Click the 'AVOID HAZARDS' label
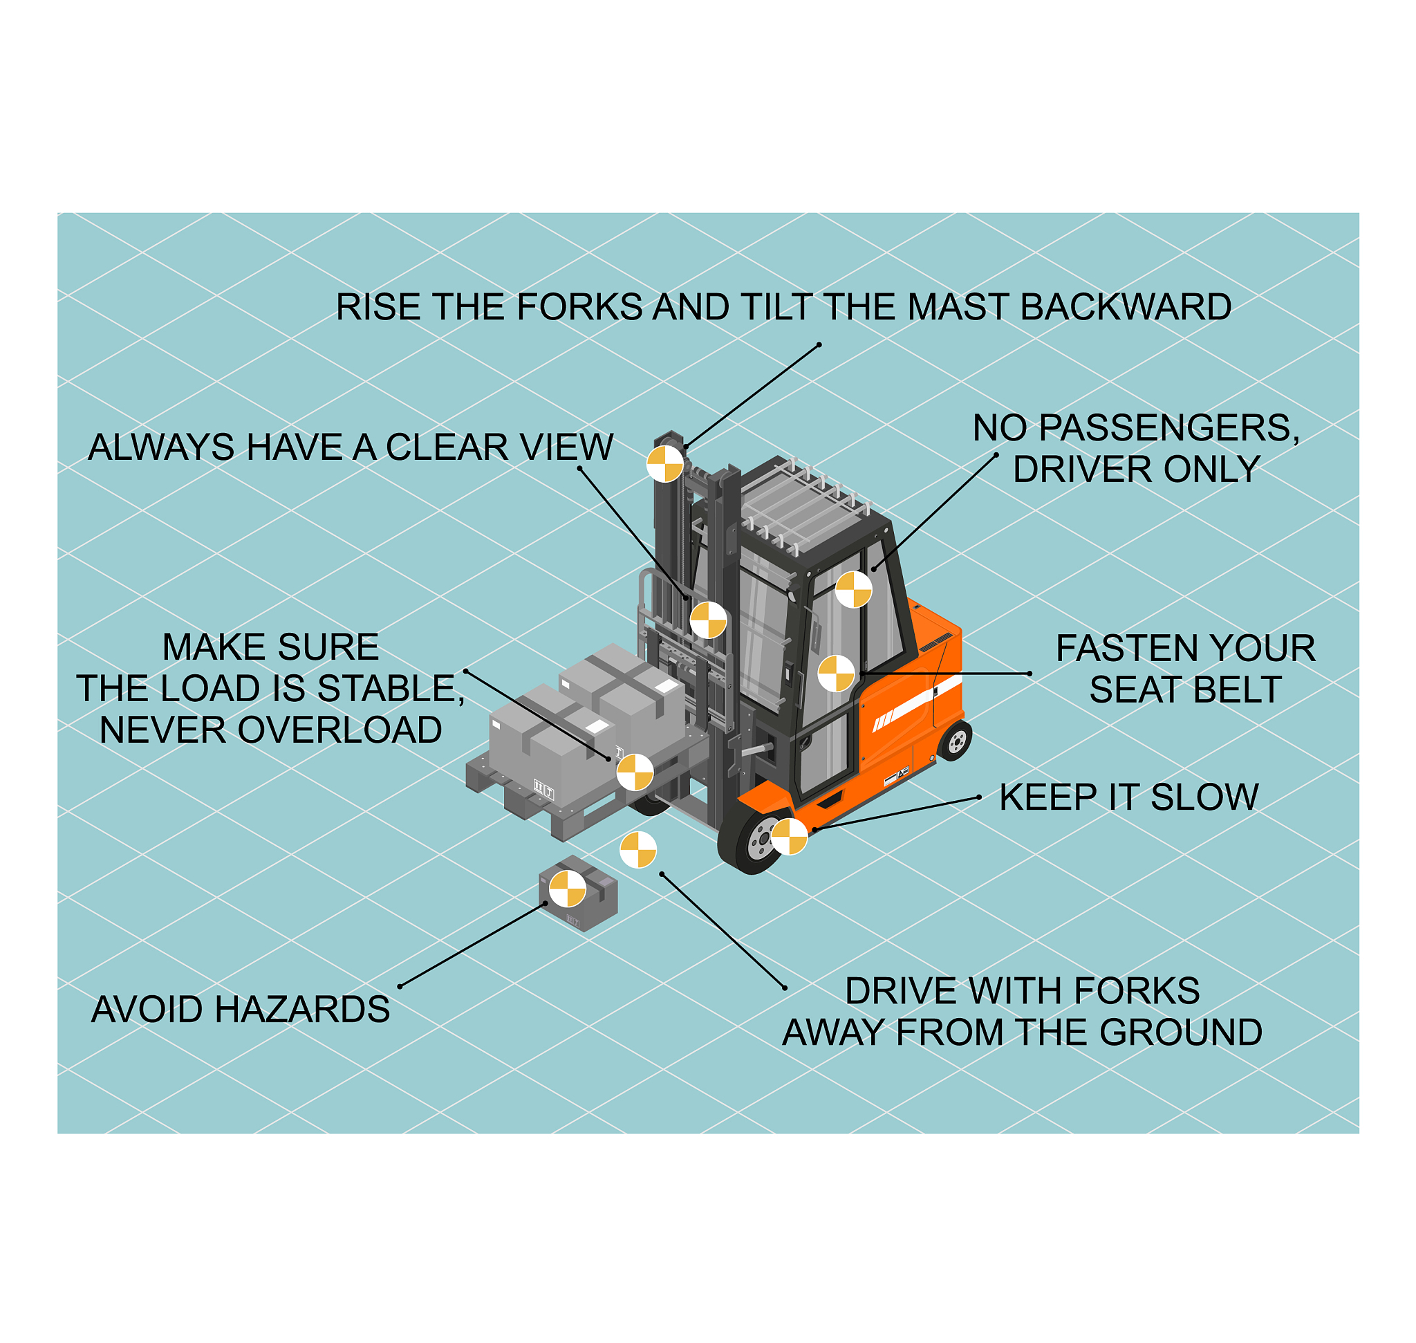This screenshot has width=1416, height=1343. (x=241, y=1010)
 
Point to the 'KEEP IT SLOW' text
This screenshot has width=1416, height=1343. (x=1129, y=797)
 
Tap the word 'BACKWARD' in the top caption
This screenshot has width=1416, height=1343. (x=1126, y=307)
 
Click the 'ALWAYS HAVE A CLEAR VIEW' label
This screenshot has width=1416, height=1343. (x=351, y=447)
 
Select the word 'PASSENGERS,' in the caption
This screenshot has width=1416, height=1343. (x=1169, y=428)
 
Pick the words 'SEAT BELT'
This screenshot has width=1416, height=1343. (x=1186, y=689)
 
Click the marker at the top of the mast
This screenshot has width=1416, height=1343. (x=665, y=464)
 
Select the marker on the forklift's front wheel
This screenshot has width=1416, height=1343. (x=789, y=836)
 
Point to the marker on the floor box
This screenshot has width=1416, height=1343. (x=568, y=889)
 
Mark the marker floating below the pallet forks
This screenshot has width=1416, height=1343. (x=638, y=850)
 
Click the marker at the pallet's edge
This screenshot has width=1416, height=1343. (x=635, y=772)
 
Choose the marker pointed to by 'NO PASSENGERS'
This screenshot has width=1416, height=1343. (x=853, y=589)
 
